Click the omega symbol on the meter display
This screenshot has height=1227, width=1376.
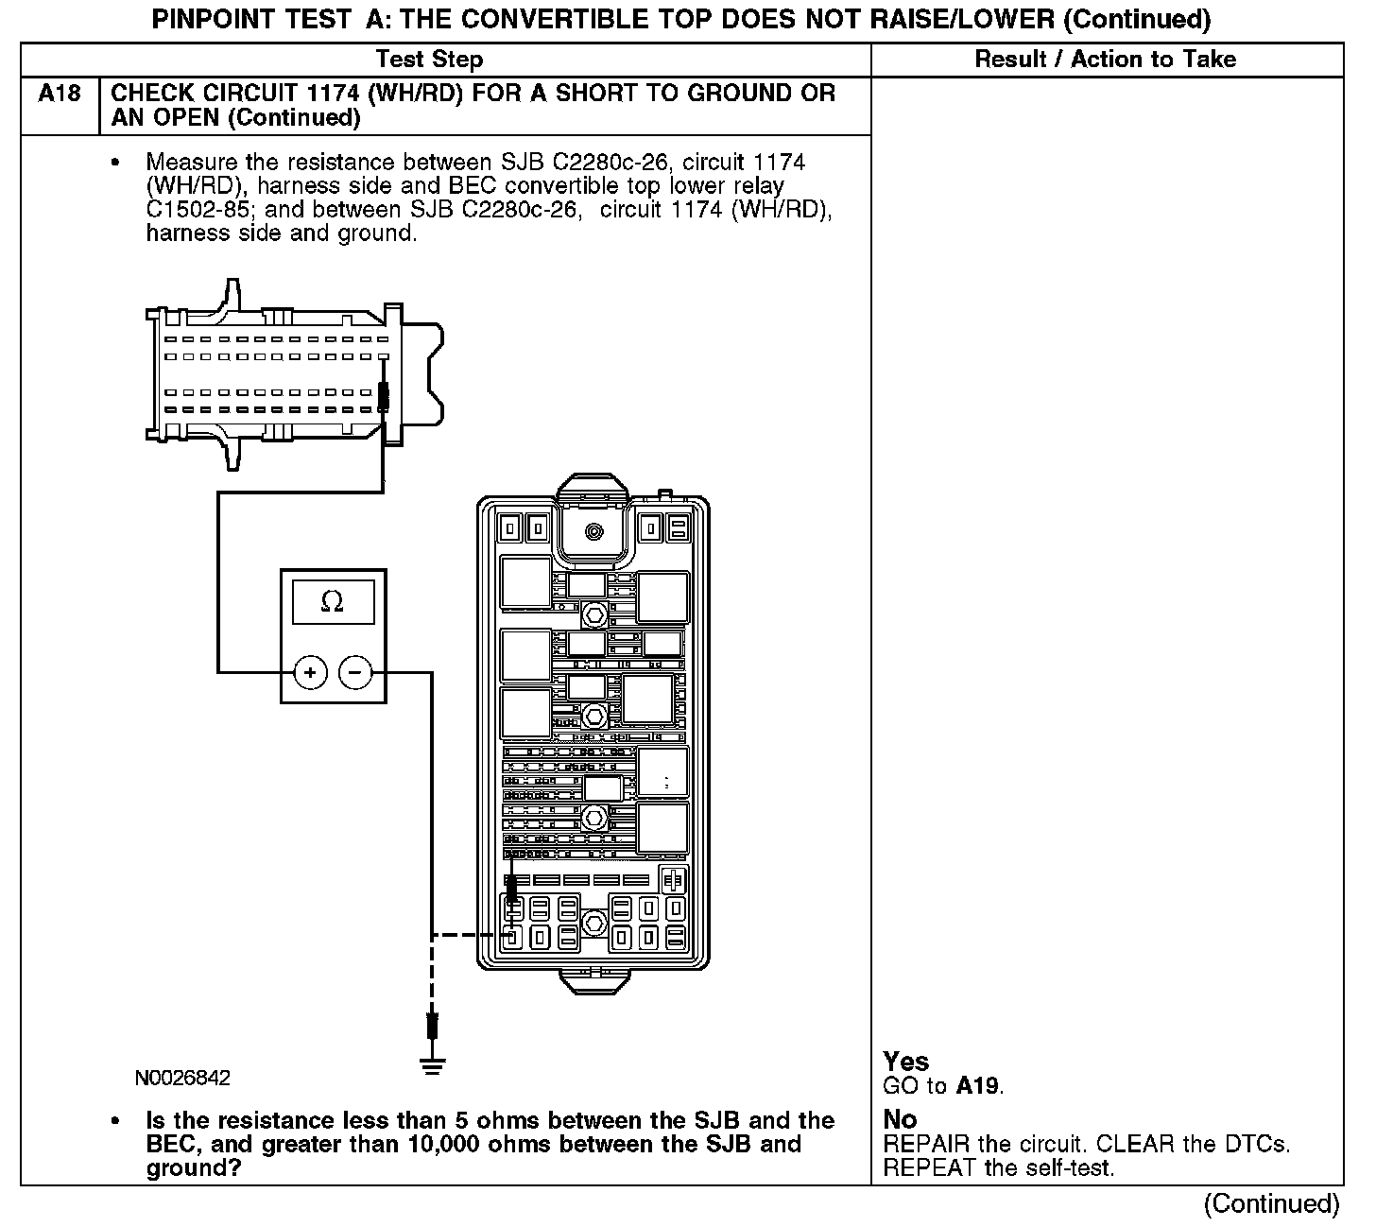click(x=332, y=601)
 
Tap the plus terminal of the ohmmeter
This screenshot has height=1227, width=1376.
click(x=310, y=673)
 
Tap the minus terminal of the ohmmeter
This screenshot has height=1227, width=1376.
click(x=355, y=673)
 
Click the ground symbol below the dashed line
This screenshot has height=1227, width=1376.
click(x=432, y=1066)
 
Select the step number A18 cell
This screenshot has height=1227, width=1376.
click(x=59, y=94)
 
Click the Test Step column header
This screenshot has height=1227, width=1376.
click(x=429, y=60)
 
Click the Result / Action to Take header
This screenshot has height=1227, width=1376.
click(x=1105, y=60)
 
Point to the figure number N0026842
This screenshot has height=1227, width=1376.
click(x=182, y=1079)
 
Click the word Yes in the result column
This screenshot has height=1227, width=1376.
click(x=905, y=1062)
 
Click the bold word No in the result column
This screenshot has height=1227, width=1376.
click(x=900, y=1119)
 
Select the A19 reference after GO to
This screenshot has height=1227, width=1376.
click(x=977, y=1086)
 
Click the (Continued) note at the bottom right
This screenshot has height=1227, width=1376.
click(x=1271, y=1203)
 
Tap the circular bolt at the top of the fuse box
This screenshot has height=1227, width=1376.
click(x=593, y=531)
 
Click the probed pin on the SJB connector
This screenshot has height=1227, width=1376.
click(x=383, y=397)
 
